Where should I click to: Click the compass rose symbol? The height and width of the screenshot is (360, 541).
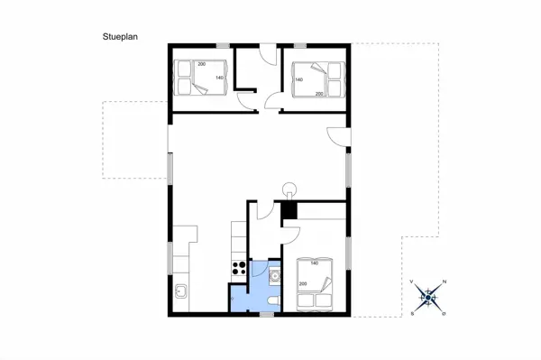click(429, 297)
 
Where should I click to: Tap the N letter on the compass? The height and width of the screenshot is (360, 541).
click(444, 282)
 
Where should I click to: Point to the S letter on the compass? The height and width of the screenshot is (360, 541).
click(413, 312)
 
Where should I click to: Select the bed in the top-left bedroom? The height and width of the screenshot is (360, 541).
click(197, 77)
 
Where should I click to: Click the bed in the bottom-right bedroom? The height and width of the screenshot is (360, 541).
click(316, 283)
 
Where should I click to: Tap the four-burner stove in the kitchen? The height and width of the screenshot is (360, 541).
click(239, 267)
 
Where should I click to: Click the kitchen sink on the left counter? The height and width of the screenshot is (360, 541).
click(180, 291)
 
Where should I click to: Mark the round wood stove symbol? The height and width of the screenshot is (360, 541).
click(290, 190)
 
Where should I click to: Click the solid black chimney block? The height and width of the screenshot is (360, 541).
click(289, 211)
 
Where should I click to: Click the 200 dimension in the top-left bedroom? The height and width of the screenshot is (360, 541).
click(201, 62)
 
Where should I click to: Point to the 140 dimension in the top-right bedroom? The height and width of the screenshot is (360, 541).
click(298, 80)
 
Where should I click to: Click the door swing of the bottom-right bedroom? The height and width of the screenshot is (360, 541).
click(290, 236)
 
